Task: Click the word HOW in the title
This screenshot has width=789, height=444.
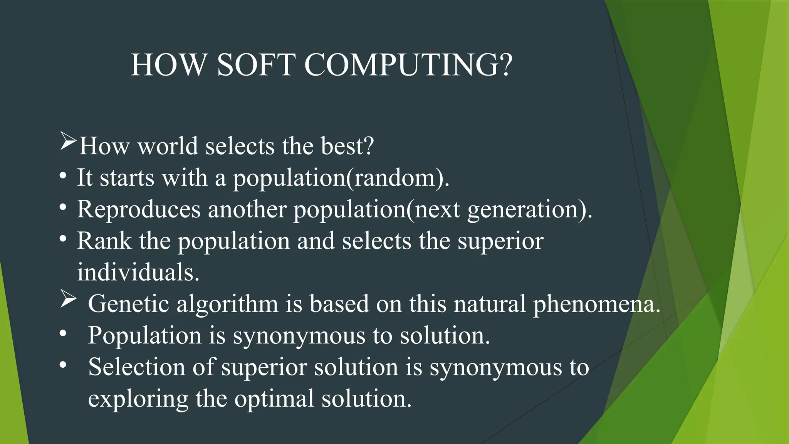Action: point(169,65)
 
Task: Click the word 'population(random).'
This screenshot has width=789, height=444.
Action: point(341,178)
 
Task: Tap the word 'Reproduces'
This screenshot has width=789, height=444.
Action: point(139,210)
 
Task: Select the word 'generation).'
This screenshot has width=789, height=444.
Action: point(530,210)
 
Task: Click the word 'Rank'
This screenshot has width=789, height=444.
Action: point(104,241)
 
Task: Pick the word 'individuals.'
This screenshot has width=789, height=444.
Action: point(138,272)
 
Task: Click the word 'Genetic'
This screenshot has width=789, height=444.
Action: point(128,304)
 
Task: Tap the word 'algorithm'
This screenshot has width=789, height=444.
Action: point(227,304)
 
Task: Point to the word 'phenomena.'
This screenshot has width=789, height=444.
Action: point(597,304)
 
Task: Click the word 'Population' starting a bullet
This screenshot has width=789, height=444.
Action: point(144,336)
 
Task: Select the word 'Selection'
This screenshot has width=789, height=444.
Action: point(136,367)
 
